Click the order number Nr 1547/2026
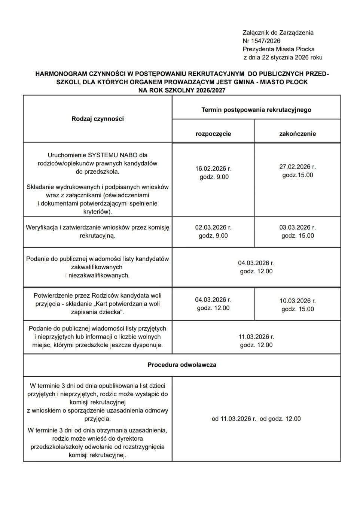point(261,41)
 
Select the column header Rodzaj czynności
point(97,119)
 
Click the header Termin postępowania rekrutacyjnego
point(256,110)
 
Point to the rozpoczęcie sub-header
point(213,134)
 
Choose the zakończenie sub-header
point(298,134)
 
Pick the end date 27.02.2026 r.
point(298,167)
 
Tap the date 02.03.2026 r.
point(213,227)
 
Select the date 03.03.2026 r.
point(298,227)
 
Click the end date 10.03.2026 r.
point(298,301)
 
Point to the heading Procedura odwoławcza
point(181,365)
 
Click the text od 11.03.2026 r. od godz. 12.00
point(256,419)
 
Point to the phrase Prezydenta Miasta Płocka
point(278,49)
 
